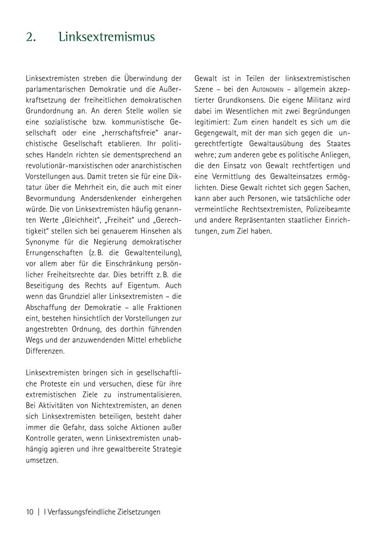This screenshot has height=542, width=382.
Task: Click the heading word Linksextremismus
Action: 107,37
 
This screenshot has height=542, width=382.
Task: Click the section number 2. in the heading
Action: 31,37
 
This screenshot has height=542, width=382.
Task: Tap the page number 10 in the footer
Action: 30,512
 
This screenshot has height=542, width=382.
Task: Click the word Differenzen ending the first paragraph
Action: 45,351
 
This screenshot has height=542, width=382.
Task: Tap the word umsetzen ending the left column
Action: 42,460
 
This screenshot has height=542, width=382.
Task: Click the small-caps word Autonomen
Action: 268,90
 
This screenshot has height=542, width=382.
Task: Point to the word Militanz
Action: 317,101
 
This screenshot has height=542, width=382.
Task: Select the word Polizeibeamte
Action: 328,209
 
